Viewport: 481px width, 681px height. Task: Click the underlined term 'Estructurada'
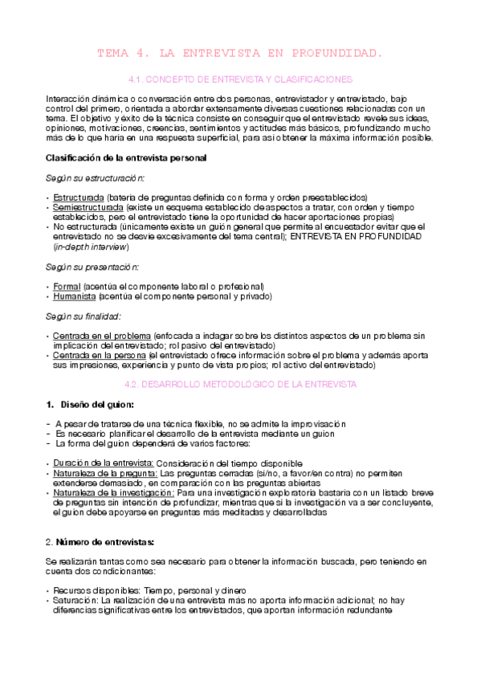[78, 198]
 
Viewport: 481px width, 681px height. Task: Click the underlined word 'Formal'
[66, 286]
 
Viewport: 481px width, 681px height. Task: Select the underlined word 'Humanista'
[73, 296]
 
